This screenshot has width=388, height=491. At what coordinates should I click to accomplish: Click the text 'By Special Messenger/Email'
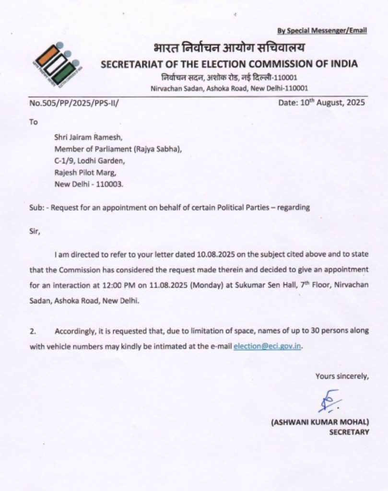point(322,31)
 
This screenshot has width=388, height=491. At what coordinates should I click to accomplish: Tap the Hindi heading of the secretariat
point(229,49)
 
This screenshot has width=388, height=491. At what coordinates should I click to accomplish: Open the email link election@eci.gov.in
point(268,346)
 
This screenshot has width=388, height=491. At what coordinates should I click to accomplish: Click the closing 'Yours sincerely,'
point(342,376)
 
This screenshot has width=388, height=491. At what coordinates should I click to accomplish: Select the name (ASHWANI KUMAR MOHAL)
point(320,422)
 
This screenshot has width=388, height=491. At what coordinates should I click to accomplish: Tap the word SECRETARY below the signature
point(349,432)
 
